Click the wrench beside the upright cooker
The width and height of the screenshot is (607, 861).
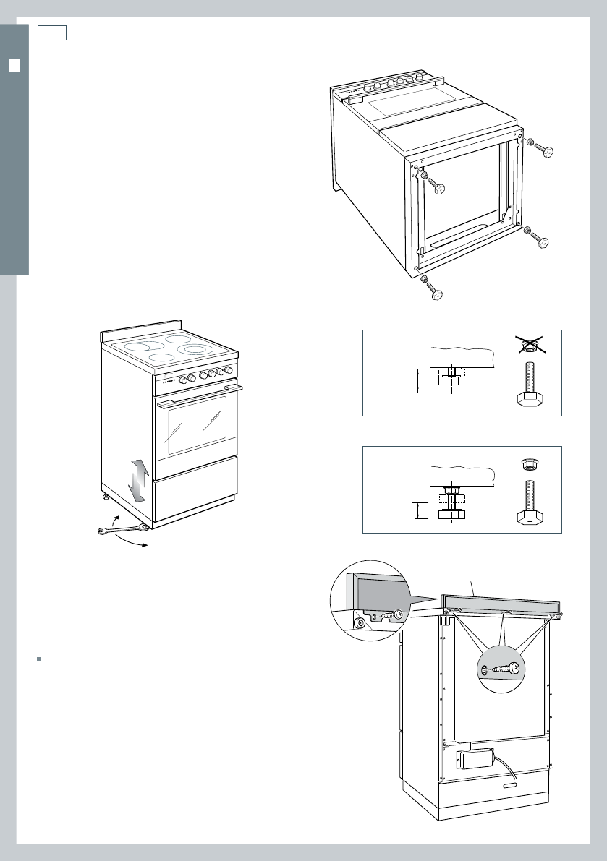[x=122, y=532]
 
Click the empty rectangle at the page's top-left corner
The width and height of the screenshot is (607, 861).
[x=53, y=33]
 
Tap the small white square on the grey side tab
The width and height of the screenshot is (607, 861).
[x=14, y=66]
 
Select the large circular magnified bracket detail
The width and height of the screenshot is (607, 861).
[x=369, y=601]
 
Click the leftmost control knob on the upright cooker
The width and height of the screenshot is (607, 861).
[x=183, y=379]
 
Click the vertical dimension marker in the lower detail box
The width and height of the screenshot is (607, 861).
[x=417, y=510]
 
